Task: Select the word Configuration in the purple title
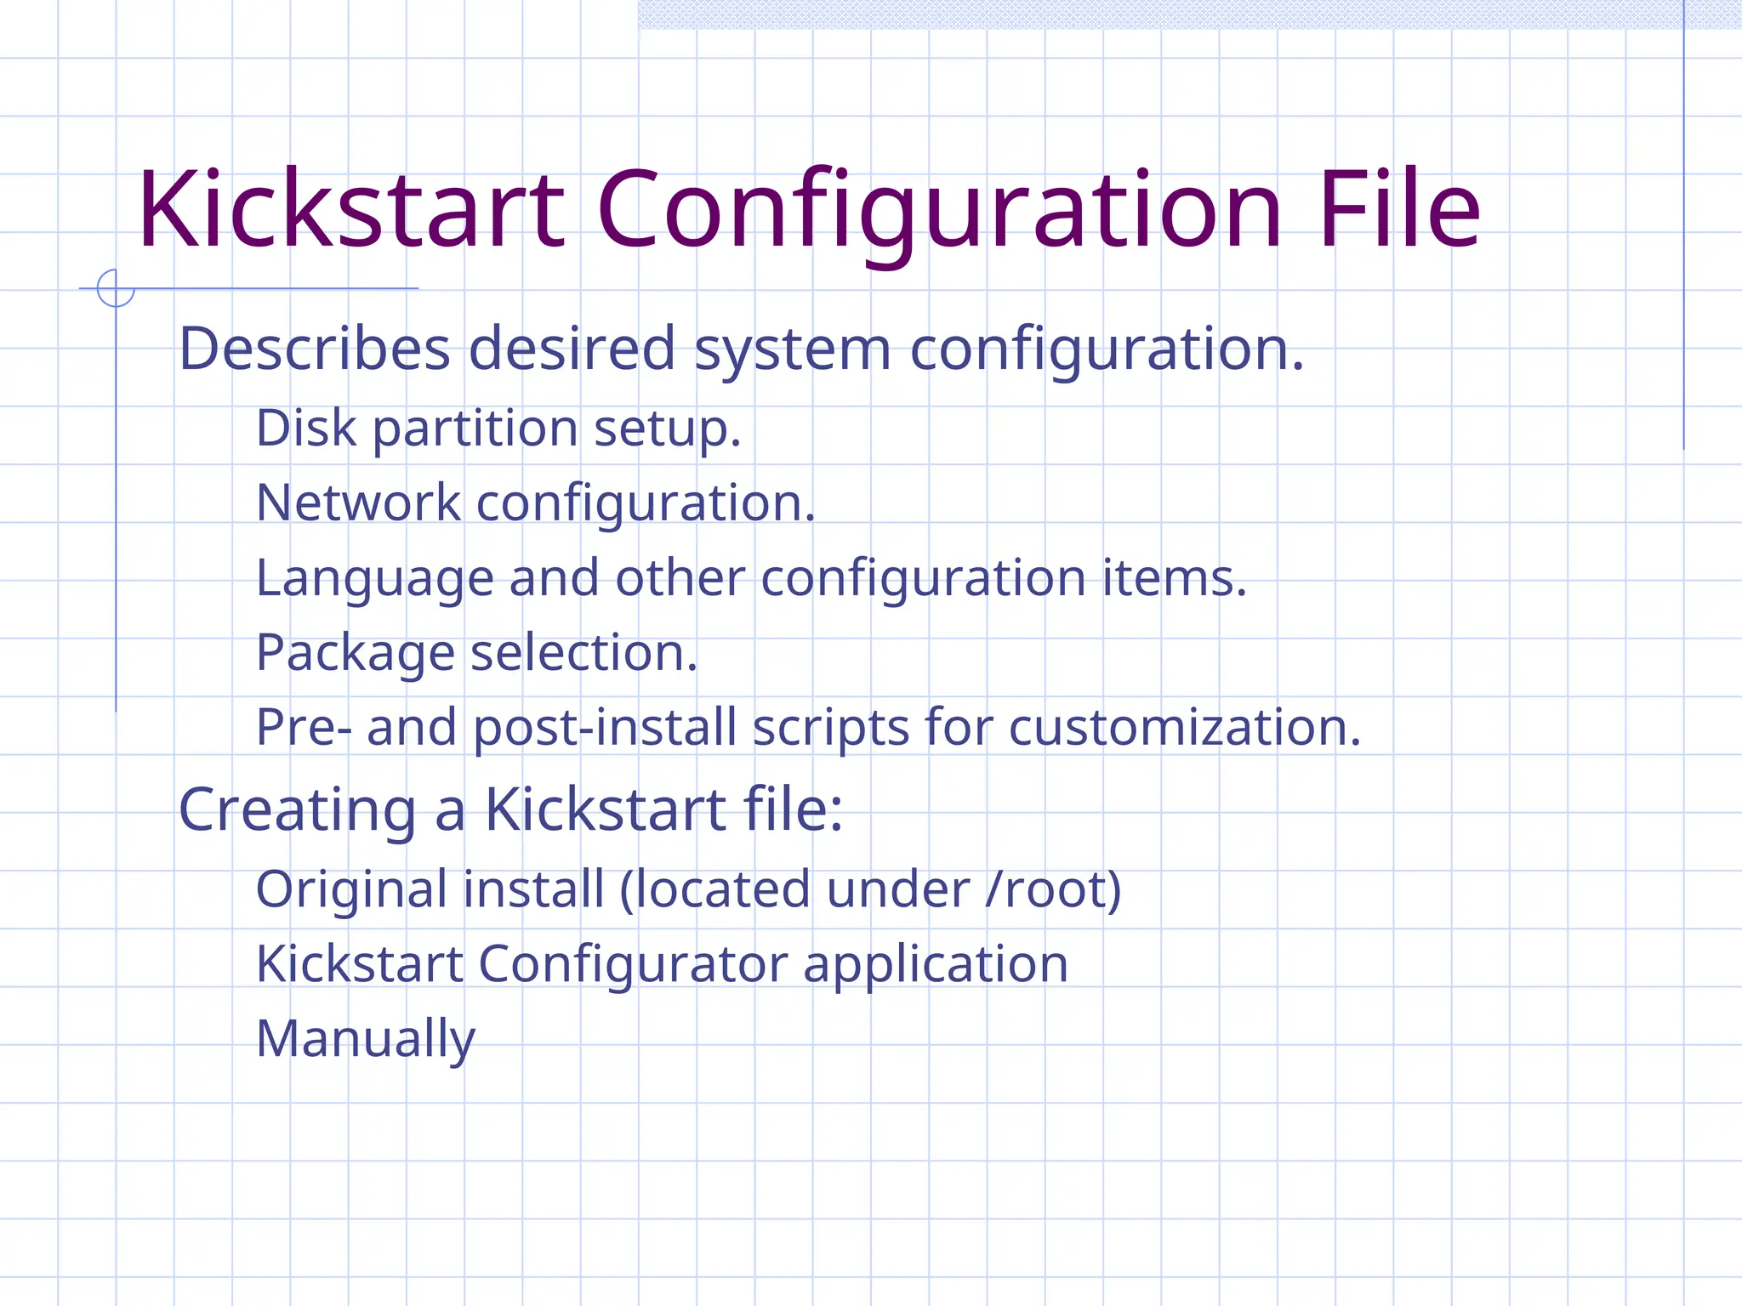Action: click(x=939, y=211)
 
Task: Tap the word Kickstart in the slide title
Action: click(x=351, y=209)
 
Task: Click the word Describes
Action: click(x=314, y=349)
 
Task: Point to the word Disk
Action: click(x=305, y=427)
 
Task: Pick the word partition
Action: click(x=475, y=429)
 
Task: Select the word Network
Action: click(x=358, y=503)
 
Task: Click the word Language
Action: click(x=374, y=579)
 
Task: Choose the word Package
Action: click(x=355, y=654)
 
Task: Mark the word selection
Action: click(x=584, y=652)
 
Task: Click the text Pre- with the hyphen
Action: click(x=304, y=728)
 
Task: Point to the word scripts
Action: click(x=831, y=729)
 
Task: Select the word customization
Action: click(x=1185, y=728)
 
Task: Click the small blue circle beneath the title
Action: click(x=116, y=287)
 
